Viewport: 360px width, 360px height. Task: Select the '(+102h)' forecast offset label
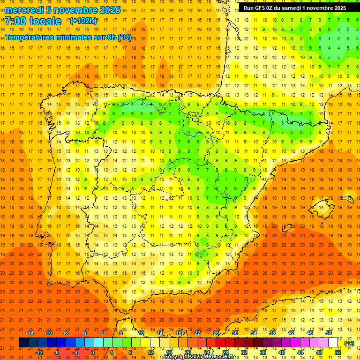[x=83, y=21]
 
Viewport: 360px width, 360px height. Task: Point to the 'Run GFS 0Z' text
[x=261, y=8]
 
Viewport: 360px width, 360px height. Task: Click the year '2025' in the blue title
[x=110, y=10]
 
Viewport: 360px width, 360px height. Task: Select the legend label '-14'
[x=30, y=332]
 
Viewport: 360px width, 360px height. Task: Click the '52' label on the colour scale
[x=338, y=352]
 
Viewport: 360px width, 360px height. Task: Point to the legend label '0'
[x=93, y=352]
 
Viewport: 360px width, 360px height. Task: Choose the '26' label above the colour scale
[x=216, y=332]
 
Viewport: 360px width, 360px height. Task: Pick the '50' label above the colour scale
[x=329, y=332]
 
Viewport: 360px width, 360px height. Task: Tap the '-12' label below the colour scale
[x=39, y=352]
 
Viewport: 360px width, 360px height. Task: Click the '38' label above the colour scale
[x=272, y=332]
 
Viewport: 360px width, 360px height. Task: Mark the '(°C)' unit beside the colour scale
[x=349, y=343]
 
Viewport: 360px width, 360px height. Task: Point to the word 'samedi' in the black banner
[x=295, y=8]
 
